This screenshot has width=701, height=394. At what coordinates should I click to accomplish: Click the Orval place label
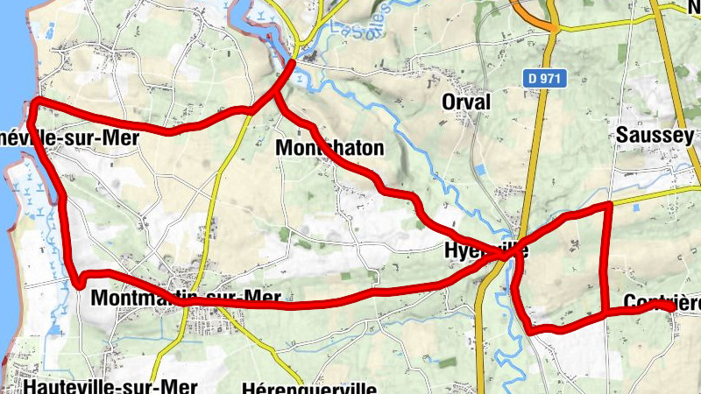pyautogui.click(x=467, y=102)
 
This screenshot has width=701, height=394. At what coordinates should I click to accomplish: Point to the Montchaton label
pyautogui.click(x=329, y=148)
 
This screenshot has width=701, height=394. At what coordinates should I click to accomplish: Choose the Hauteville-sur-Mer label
pyautogui.click(x=111, y=386)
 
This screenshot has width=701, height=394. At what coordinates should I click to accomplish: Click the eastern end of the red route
pyautogui.click(x=672, y=309)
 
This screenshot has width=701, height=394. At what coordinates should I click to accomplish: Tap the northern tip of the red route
pyautogui.click(x=292, y=62)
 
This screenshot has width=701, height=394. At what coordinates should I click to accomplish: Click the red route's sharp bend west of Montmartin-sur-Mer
pyautogui.click(x=79, y=282)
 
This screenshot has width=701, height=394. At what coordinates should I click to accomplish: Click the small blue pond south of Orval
pyautogui.click(x=478, y=169)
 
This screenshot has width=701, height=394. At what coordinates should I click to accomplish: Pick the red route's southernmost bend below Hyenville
pyautogui.click(x=532, y=330)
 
